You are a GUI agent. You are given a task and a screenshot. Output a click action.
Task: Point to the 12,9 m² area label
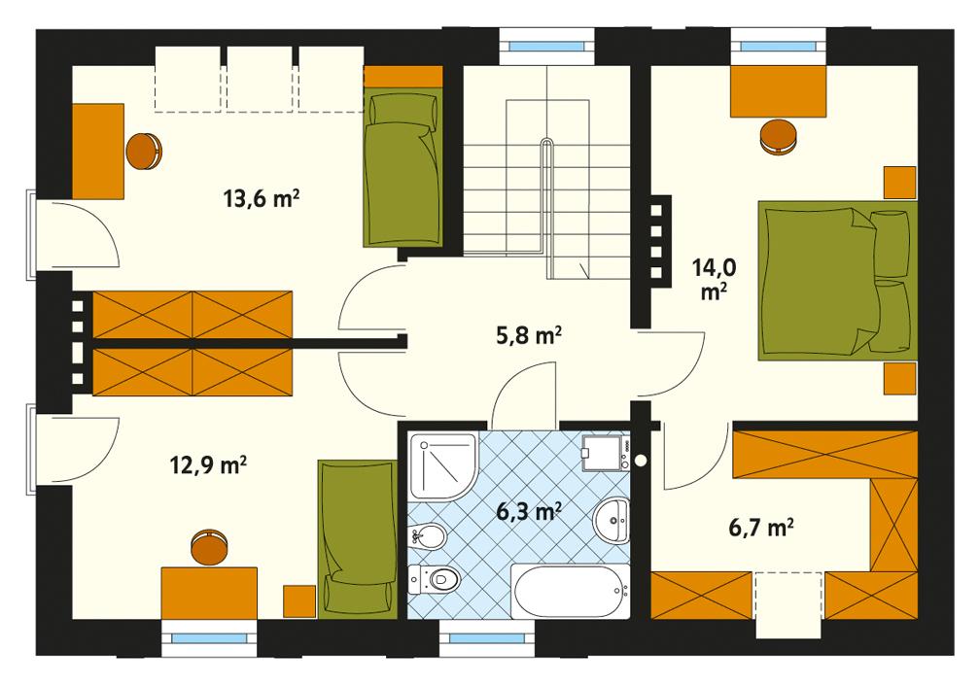pos(207,465)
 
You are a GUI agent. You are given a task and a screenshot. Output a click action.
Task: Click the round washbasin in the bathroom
pos(612,523)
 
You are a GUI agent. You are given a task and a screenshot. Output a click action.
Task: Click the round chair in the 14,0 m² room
pos(779,135)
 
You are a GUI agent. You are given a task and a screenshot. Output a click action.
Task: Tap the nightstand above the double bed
pos(900,182)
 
